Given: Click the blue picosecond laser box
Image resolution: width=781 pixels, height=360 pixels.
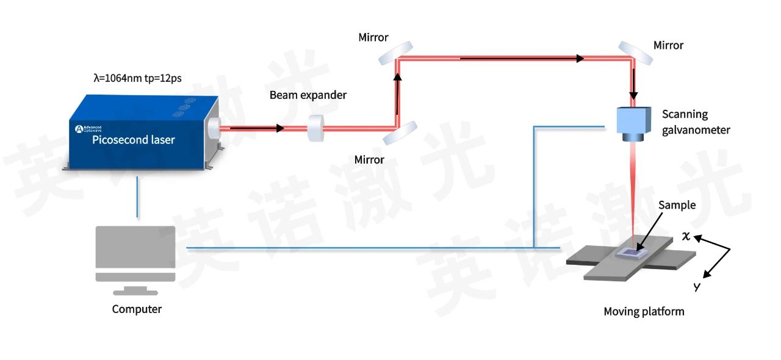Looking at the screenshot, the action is click(x=143, y=132).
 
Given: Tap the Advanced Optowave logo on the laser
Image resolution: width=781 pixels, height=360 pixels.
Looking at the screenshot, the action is click(x=88, y=129).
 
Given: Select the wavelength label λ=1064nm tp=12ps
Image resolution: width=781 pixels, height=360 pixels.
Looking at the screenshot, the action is click(x=138, y=78).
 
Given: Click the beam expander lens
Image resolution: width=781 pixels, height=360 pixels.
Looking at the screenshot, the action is click(x=315, y=128).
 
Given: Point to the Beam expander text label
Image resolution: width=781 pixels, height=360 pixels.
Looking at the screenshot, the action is click(x=308, y=95).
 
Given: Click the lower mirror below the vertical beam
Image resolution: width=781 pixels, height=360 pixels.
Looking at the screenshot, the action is click(x=400, y=133).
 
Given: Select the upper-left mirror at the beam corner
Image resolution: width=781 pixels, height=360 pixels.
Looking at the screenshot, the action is click(x=396, y=53).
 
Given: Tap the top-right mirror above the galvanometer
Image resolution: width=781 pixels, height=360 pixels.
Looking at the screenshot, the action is click(x=635, y=53).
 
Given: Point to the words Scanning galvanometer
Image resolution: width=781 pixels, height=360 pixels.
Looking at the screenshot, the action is click(x=696, y=122).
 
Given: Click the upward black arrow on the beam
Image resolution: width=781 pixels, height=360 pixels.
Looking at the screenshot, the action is click(x=397, y=93).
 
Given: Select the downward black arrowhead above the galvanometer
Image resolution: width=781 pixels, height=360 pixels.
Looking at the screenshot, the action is click(x=633, y=96).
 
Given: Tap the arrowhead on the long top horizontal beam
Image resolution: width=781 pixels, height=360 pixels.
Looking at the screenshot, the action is click(x=580, y=58).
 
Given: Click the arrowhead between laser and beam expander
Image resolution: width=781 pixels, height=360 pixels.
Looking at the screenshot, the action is click(x=280, y=128).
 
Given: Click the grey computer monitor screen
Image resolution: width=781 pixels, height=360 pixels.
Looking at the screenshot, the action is click(x=135, y=247).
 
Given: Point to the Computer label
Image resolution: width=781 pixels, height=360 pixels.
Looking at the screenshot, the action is click(x=137, y=309).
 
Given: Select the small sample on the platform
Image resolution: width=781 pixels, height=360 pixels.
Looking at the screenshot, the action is click(x=632, y=253).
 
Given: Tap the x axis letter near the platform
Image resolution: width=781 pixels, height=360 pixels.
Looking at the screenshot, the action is click(x=686, y=236).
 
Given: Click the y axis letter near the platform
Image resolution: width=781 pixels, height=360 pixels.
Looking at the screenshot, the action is click(x=697, y=286).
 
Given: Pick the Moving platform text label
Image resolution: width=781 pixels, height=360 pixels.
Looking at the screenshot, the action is click(x=644, y=311).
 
